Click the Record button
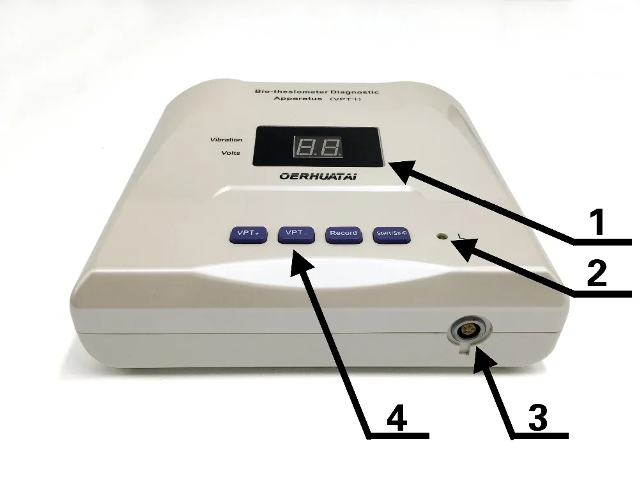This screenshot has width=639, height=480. (x=343, y=234)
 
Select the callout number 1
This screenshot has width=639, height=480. (x=597, y=225)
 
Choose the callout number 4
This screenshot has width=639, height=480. (x=397, y=419)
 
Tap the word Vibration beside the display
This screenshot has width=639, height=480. (x=226, y=140)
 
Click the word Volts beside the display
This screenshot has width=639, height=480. (x=231, y=154)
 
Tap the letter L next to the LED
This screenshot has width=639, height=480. (x=461, y=237)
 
